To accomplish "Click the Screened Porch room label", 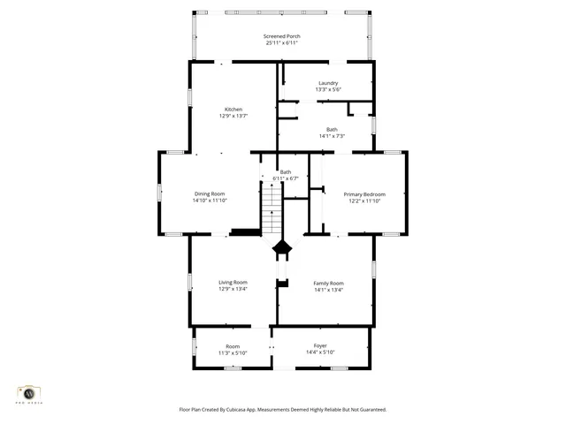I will point(281,36).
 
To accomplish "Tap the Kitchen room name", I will point(233,110).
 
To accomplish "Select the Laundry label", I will point(328,83).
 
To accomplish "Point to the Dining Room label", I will point(210,193).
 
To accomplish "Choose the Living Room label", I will point(233,282).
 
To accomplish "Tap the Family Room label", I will point(327,282).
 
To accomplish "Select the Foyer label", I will point(320,345).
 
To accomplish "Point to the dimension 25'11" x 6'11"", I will point(281,42).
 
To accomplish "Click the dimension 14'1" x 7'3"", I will point(331,135).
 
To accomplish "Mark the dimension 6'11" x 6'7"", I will point(286,178).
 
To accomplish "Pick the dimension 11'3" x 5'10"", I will point(233,352).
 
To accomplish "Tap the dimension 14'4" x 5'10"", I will point(320,352).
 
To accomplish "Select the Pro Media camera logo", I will point(28,393).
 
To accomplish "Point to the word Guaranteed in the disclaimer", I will point(369,409).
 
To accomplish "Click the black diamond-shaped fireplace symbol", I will point(281,248).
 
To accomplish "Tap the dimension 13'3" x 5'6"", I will point(328,89).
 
